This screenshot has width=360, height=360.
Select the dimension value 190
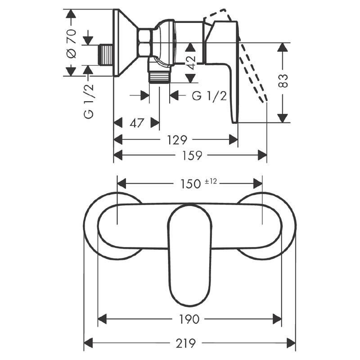(189, 319)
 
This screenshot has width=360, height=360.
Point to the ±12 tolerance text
(211, 181)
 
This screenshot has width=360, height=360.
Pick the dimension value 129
(177, 140)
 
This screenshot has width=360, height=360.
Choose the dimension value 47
(136, 123)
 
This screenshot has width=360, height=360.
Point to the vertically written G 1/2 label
(89, 101)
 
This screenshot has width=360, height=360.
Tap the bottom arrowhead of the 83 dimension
(282, 118)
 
